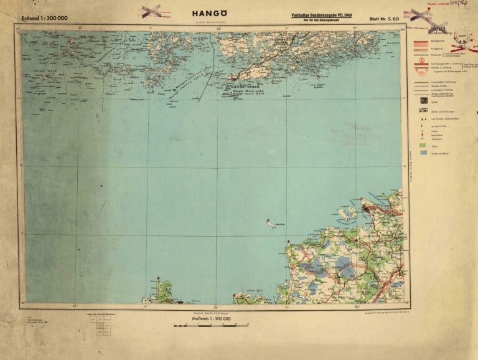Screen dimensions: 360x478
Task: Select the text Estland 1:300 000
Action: (44, 17)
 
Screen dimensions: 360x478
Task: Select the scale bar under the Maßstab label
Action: (212, 325)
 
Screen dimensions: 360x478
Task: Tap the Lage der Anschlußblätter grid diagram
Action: (99, 328)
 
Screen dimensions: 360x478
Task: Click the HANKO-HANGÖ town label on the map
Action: (245, 87)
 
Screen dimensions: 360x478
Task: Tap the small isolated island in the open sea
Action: (271, 222)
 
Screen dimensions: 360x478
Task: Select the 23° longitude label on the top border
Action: (217, 27)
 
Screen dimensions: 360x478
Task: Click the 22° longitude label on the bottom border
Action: (75, 306)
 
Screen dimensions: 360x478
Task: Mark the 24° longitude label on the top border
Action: (355, 27)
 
